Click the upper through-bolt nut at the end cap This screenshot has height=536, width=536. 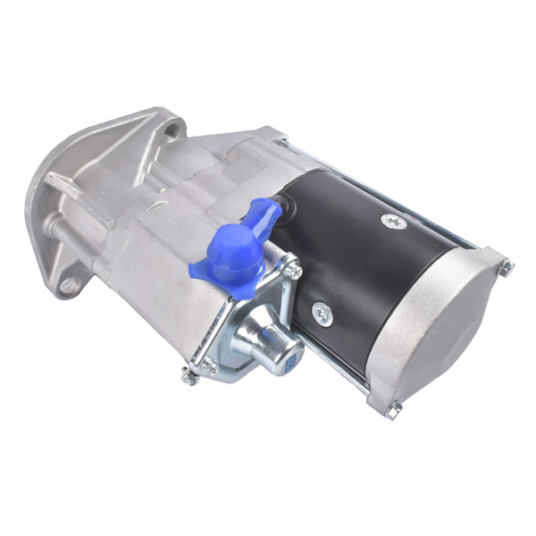coord(507,267)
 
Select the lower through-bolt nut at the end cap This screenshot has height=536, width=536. coord(394,408)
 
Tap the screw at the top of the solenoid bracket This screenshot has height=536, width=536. coord(290,268)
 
